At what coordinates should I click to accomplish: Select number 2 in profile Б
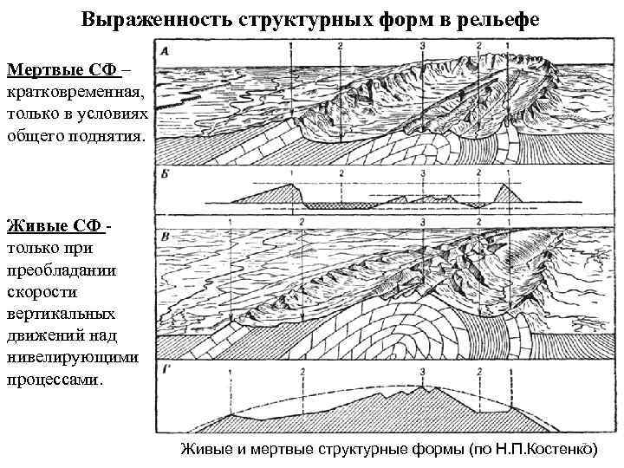coord(343,173)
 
